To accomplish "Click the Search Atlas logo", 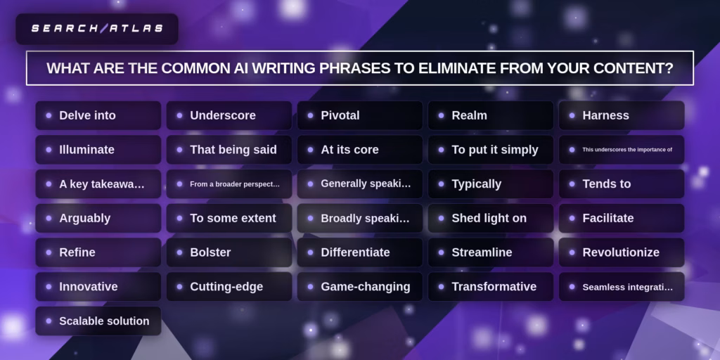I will (x=97, y=29).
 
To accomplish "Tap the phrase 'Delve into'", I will (x=87, y=115).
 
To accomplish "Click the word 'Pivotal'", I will (x=340, y=115).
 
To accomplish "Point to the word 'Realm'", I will (x=469, y=115).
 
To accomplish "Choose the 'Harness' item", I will (x=605, y=115).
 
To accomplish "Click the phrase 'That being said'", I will (x=233, y=150).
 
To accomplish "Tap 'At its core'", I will (x=349, y=150).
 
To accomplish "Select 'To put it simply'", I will (x=495, y=150).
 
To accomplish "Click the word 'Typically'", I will (x=476, y=184).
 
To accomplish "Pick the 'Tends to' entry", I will (x=607, y=184).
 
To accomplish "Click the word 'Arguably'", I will (x=84, y=219).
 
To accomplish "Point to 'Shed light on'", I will (x=489, y=219).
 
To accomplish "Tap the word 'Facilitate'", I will (x=608, y=219).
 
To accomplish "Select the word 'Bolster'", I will (x=210, y=252).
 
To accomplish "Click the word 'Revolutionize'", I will (x=621, y=252).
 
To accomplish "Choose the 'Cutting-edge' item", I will (x=226, y=287).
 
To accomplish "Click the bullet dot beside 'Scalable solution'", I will (x=49, y=321).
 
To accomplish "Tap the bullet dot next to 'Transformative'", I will (x=441, y=287).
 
